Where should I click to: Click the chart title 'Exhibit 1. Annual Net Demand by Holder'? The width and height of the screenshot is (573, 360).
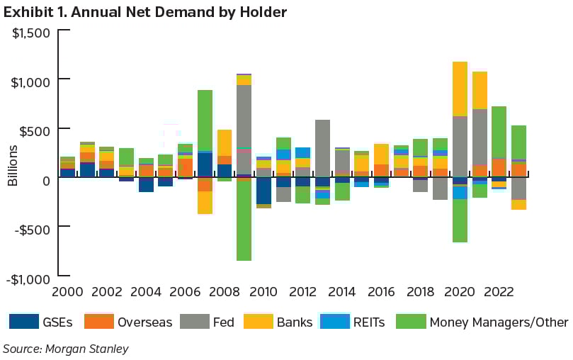145,12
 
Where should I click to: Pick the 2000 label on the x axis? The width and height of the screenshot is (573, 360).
67,291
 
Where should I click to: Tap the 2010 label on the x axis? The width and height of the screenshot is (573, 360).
264,291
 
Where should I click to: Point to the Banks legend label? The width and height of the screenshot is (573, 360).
295,322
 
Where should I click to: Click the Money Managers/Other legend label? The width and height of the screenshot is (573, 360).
499,322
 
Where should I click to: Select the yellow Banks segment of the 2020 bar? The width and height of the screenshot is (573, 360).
460,89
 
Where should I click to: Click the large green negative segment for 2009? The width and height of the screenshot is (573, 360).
244,220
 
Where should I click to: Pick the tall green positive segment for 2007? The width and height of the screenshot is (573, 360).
205,120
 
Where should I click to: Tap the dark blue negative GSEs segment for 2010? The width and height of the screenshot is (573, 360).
264,191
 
